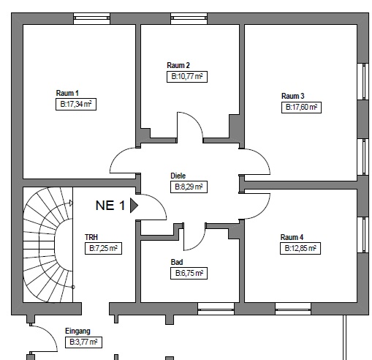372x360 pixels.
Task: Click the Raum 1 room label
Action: pos(67,93)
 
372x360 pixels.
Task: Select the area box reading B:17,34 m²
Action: pos(76,105)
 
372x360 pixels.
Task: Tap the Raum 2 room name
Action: pos(178,65)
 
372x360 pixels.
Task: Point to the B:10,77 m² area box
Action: pos(187,77)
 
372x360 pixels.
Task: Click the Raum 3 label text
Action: pos(293,96)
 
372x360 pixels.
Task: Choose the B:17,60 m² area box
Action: pos(301,108)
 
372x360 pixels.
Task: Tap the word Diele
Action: pos(178,176)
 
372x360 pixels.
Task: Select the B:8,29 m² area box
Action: pos(189,187)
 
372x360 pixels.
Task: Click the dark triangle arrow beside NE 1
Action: pos(134,206)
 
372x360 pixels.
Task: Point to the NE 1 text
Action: pos(110,206)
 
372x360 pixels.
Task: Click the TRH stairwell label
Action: pos(91,237)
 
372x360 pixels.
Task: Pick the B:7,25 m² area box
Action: pos(103,249)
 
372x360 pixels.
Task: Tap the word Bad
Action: pos(177,262)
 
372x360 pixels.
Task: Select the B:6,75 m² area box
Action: pos(189,274)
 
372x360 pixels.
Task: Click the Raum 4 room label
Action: pos(292,237)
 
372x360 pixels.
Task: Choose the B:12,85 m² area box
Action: pos(300,249)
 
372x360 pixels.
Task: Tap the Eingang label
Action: pos(77,331)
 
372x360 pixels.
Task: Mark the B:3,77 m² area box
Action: pos(83,342)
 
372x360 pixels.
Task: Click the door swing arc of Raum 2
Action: pos(195,120)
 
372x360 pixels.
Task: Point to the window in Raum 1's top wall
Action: pos(91,18)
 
